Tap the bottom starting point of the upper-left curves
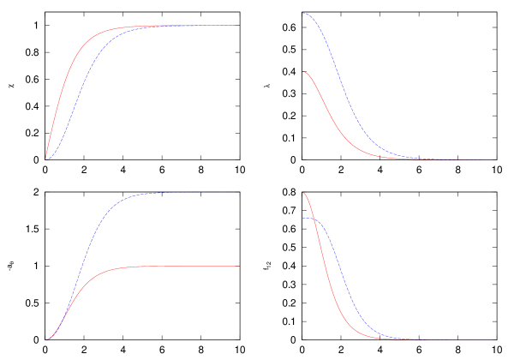pos(46,159)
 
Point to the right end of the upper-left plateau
pos(239,26)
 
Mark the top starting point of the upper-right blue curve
pos(303,13)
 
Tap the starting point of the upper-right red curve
pos(303,72)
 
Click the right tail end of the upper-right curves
pos(497,159)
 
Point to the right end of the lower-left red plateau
pos(239,267)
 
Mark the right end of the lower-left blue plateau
pos(239,193)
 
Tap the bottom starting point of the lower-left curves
pos(46,339)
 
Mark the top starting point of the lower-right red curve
pos(303,193)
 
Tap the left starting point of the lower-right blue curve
pos(303,219)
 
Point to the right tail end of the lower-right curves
pos(497,339)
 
